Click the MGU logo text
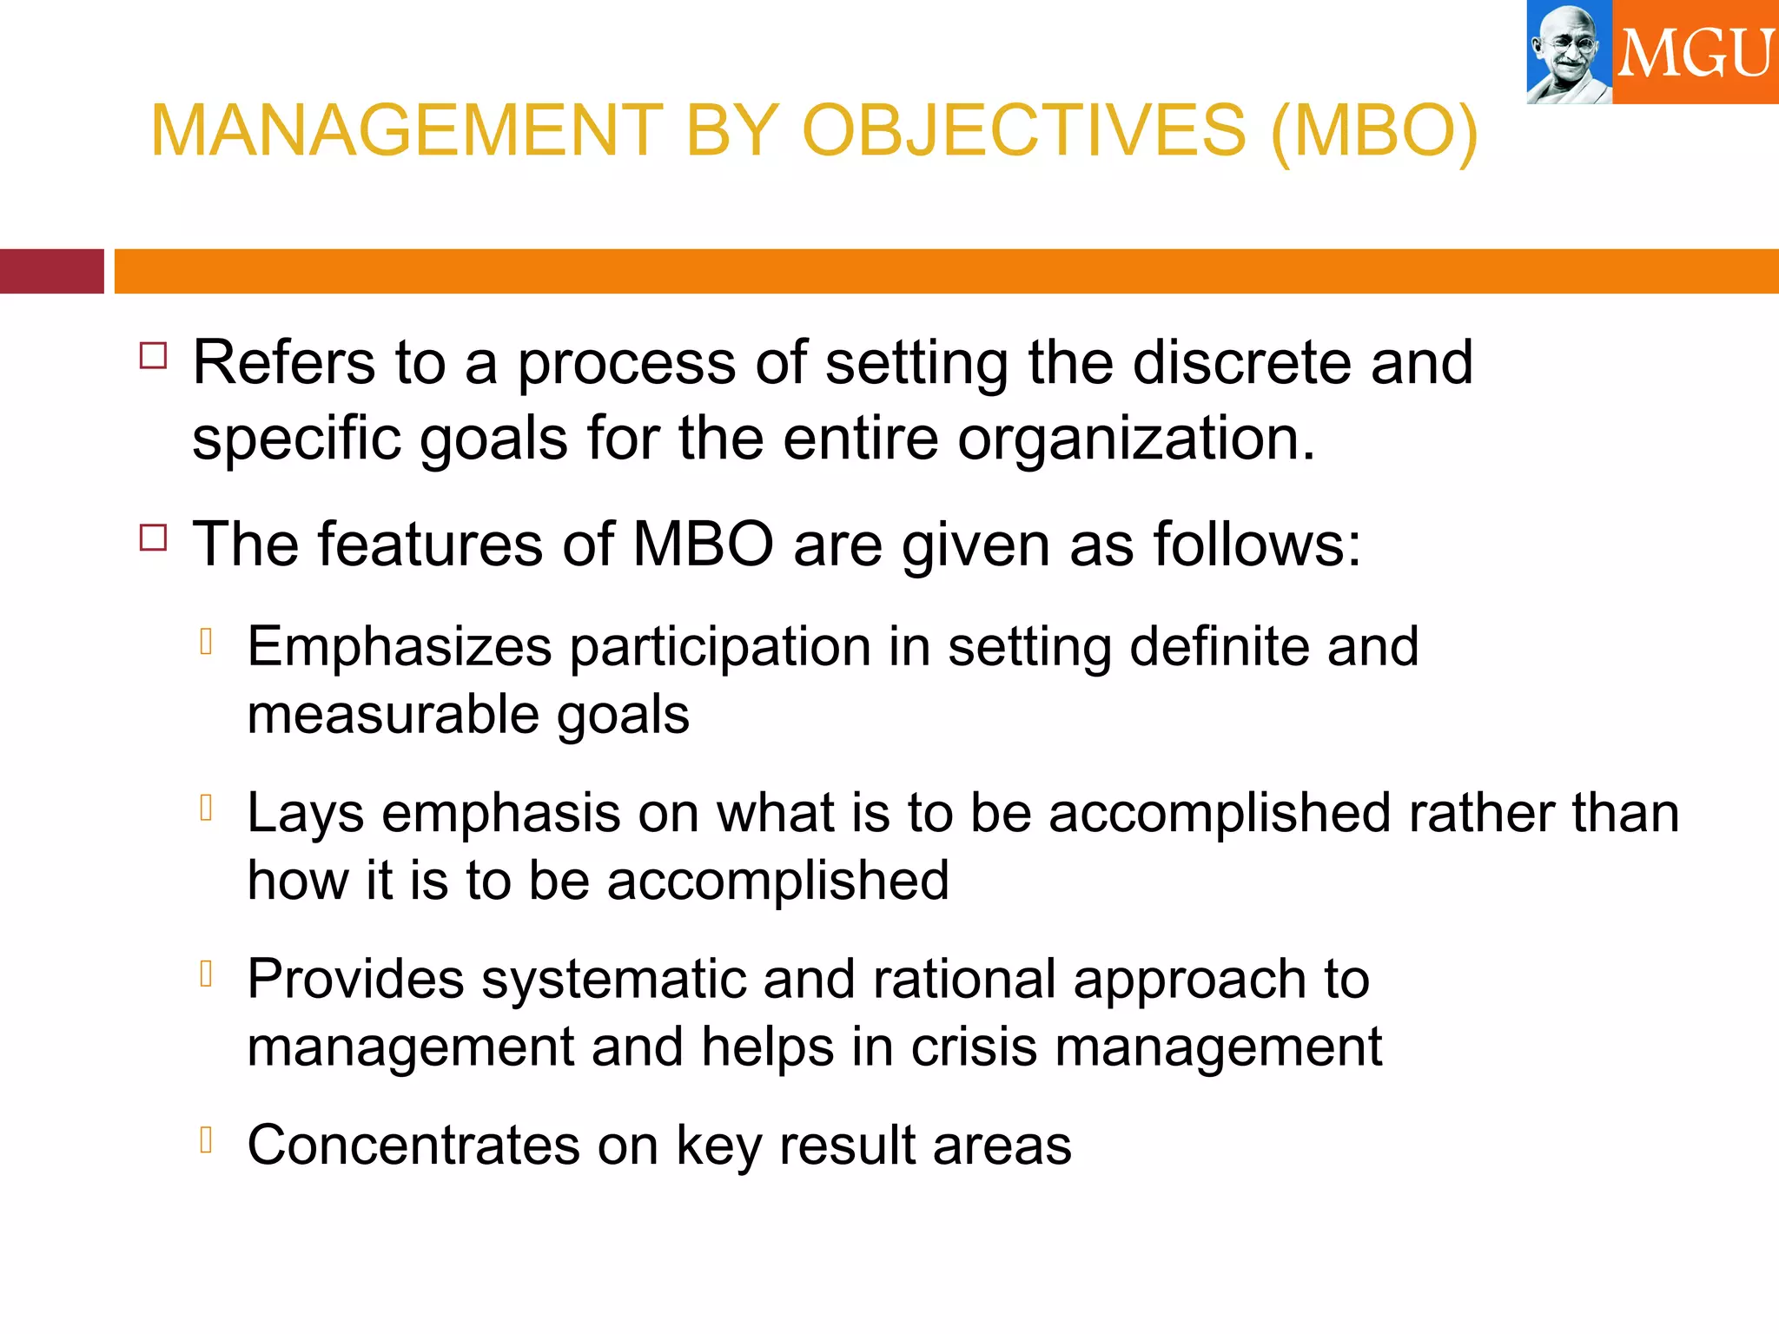1695,54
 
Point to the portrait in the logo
1569,52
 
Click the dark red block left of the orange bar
51,271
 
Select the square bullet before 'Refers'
153,356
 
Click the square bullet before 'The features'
153,538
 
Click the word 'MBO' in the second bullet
703,545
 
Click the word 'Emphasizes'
400,647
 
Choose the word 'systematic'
613,980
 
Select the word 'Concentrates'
413,1145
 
